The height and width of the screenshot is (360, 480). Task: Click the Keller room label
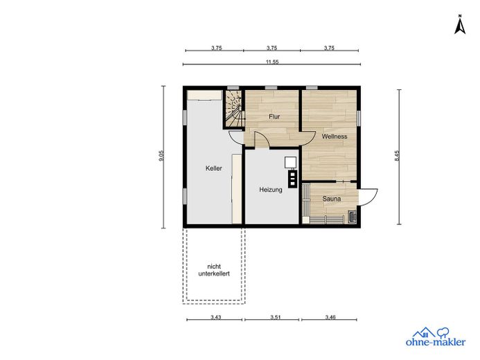pyautogui.click(x=213, y=168)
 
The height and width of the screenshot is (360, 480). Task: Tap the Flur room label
pyautogui.click(x=274, y=116)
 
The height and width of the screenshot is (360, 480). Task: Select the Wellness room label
pyautogui.click(x=335, y=136)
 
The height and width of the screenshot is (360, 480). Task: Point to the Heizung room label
pyautogui.click(x=271, y=190)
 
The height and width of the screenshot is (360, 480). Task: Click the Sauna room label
pyautogui.click(x=332, y=199)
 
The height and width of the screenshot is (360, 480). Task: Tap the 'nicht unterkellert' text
pyautogui.click(x=214, y=270)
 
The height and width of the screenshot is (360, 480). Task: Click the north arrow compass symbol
pyautogui.click(x=460, y=24)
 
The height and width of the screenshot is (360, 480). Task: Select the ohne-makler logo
pyautogui.click(x=436, y=336)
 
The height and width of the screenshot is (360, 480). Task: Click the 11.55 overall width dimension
pyautogui.click(x=272, y=62)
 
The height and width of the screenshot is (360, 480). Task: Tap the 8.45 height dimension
pyautogui.click(x=397, y=156)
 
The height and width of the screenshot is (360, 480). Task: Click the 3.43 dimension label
pyautogui.click(x=215, y=317)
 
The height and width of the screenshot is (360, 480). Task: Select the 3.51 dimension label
pyautogui.click(x=275, y=317)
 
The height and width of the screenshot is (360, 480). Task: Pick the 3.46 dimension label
pyautogui.click(x=330, y=317)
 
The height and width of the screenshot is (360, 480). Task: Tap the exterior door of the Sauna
pyautogui.click(x=368, y=197)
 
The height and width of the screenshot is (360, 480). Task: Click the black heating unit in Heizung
pyautogui.click(x=292, y=178)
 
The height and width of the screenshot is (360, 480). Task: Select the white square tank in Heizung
pyautogui.click(x=290, y=163)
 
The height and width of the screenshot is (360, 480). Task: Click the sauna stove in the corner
pyautogui.click(x=352, y=217)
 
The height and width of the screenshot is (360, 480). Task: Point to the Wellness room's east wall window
pyautogui.click(x=359, y=118)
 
